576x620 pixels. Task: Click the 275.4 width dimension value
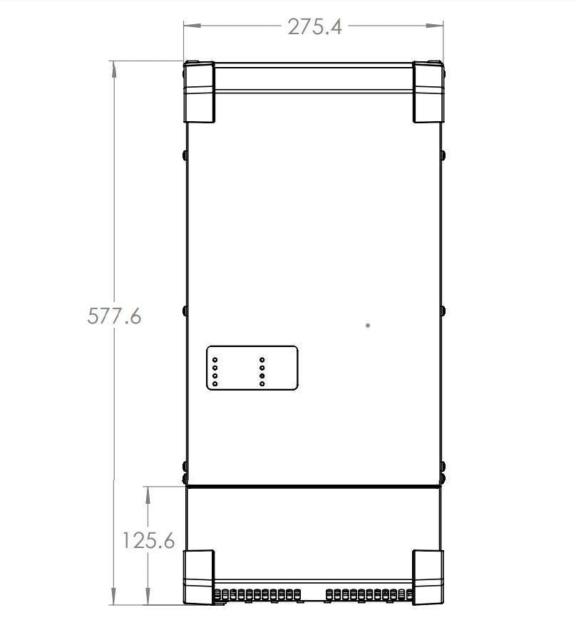(314, 27)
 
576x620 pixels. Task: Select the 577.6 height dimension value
(114, 316)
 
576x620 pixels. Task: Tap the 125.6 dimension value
(148, 540)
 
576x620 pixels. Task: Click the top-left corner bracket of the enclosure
(199, 92)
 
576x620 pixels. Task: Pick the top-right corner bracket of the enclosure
(428, 92)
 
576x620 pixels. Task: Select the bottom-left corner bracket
(199, 577)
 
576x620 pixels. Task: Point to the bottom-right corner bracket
(428, 577)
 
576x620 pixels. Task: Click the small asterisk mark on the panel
(368, 326)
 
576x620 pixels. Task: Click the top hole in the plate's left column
(215, 360)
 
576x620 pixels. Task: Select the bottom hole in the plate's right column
(262, 384)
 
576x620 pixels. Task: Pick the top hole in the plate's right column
(262, 360)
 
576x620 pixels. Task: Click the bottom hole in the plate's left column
(215, 384)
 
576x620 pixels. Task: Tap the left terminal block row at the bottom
(257, 594)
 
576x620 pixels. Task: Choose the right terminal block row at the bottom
(369, 594)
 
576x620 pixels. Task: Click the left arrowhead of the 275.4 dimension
(192, 26)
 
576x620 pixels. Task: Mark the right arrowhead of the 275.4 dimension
(434, 26)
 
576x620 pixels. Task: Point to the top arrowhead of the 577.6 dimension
(114, 70)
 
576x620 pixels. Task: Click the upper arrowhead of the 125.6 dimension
(148, 495)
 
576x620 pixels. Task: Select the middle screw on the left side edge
(185, 311)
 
